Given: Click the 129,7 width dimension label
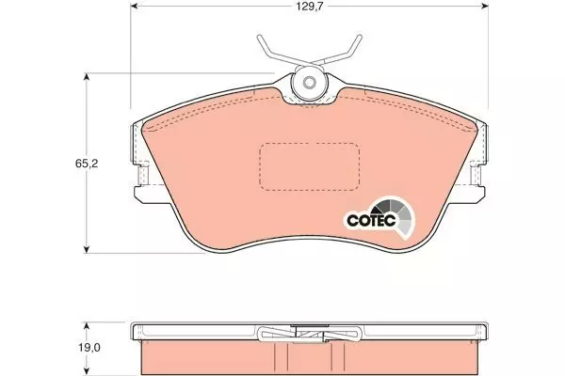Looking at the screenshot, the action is pyautogui.click(x=310, y=7).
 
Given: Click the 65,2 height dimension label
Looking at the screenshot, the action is pyautogui.click(x=87, y=164).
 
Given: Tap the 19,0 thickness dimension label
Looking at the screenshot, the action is pyautogui.click(x=89, y=348).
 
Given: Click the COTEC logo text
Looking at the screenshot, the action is pyautogui.click(x=371, y=219).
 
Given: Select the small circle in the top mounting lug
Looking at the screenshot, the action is pyautogui.click(x=309, y=83).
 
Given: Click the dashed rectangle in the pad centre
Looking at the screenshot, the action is pyautogui.click(x=310, y=166).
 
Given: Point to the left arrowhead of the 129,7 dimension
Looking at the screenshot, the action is pyautogui.click(x=135, y=7).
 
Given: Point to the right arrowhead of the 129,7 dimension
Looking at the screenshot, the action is pyautogui.click(x=484, y=7).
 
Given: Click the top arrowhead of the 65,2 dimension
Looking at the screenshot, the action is pyautogui.click(x=86, y=78).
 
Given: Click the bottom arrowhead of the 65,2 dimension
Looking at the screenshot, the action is pyautogui.click(x=86, y=248).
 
